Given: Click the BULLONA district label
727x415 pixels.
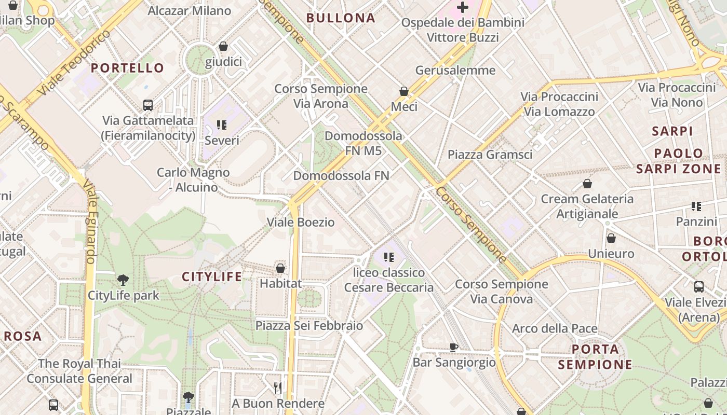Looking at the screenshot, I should tap(341, 18).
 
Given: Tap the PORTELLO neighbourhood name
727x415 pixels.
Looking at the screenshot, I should tap(127, 68).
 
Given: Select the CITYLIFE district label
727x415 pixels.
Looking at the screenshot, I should tap(212, 277).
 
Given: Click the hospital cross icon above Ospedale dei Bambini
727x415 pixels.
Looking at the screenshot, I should tap(462, 7).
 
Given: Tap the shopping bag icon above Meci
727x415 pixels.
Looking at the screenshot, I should tap(404, 91).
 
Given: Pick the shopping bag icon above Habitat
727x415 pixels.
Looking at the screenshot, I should tap(280, 268).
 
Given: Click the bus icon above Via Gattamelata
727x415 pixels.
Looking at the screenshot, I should tap(148, 105).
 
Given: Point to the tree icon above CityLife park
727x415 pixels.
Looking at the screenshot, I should tap(123, 280).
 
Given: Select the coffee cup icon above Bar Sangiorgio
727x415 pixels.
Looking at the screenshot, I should tap(454, 347).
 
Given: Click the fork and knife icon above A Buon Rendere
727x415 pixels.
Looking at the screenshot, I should tap(278, 388).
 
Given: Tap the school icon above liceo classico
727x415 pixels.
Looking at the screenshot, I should tap(389, 257).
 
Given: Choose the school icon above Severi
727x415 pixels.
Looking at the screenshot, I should tap(222, 125).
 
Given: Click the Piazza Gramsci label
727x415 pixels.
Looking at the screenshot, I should tap(490, 155).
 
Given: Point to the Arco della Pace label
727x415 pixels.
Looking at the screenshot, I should tap(555, 328).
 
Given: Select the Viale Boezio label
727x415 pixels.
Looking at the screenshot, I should tap(301, 222).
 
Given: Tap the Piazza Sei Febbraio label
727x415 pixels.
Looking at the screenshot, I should tap(309, 325).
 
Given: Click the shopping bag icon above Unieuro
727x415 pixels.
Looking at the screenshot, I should tap(611, 238).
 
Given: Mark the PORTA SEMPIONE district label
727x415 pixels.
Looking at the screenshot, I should tap(595, 357).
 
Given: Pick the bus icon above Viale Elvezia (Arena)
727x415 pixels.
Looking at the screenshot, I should tap(699, 286).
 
